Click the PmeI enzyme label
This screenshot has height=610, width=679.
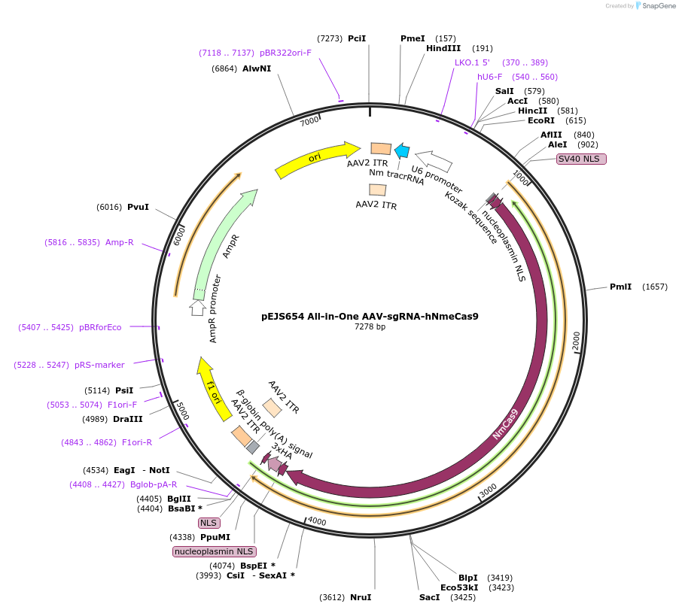pyautogui.click(x=413, y=38)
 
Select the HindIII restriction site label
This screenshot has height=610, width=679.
pyautogui.click(x=443, y=48)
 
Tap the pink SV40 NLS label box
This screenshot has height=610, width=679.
pyautogui.click(x=581, y=159)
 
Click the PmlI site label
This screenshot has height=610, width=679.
pyautogui.click(x=620, y=287)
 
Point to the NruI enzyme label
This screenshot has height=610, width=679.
pyautogui.click(x=361, y=597)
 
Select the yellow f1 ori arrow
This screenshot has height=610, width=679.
pyautogui.click(x=209, y=384)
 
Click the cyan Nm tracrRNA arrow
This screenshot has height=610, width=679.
pyautogui.click(x=402, y=150)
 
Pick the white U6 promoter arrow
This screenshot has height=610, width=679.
pyautogui.click(x=434, y=160)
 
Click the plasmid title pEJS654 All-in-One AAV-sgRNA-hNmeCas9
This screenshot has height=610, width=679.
pyautogui.click(x=370, y=316)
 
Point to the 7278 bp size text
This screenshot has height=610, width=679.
pyautogui.click(x=370, y=326)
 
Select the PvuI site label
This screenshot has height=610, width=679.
pyautogui.click(x=138, y=207)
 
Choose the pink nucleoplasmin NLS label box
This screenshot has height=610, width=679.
pyautogui.click(x=214, y=551)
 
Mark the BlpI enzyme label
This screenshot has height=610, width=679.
pyautogui.click(x=468, y=578)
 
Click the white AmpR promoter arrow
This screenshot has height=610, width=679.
pyautogui.click(x=198, y=307)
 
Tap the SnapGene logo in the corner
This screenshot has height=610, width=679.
pyautogui.click(x=653, y=6)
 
